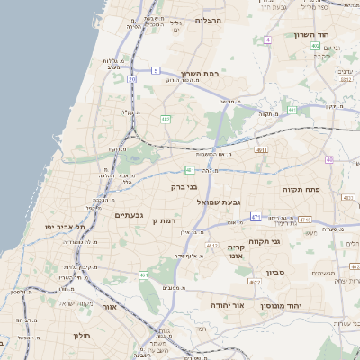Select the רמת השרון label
tap(200, 73)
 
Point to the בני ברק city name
tap(183, 186)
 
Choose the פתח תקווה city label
tap(327, 189)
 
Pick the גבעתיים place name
tap(130, 215)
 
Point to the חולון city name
tap(81, 335)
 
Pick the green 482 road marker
tap(166, 118)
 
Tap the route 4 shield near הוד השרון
tap(268, 40)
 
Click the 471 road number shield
tap(256, 217)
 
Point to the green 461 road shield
tap(143, 274)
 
